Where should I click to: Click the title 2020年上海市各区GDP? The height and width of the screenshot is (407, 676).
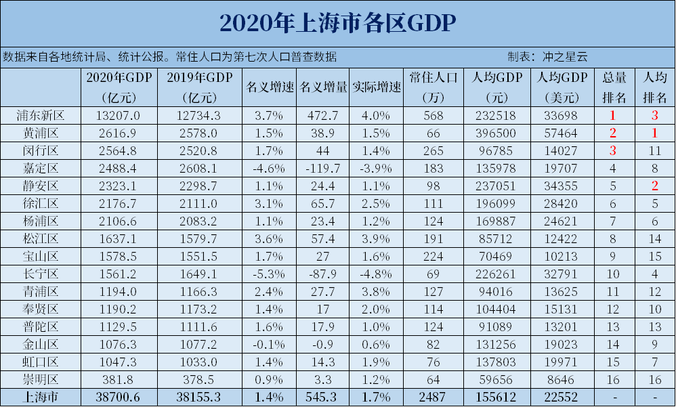click(x=337, y=22)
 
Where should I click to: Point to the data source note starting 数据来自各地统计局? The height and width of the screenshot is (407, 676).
click(x=169, y=57)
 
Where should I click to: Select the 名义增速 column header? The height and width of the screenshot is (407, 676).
click(x=270, y=87)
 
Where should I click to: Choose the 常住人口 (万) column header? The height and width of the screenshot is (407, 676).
click(x=434, y=87)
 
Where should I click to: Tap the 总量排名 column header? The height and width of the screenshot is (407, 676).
click(x=614, y=87)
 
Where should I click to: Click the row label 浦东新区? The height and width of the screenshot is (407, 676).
click(x=41, y=115)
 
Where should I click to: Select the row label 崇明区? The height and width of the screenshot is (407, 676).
click(x=41, y=379)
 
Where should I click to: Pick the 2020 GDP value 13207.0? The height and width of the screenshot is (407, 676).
click(x=118, y=115)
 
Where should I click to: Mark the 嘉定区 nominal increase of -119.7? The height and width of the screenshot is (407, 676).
click(x=323, y=168)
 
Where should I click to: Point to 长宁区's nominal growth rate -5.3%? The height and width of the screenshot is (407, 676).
click(x=270, y=274)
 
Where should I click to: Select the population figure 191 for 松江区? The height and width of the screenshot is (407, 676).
click(x=434, y=238)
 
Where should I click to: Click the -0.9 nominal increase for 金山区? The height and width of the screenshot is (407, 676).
click(x=323, y=344)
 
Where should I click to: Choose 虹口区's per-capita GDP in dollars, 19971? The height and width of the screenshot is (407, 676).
click(x=562, y=362)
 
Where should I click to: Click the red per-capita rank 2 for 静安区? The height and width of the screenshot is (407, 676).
click(x=654, y=186)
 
